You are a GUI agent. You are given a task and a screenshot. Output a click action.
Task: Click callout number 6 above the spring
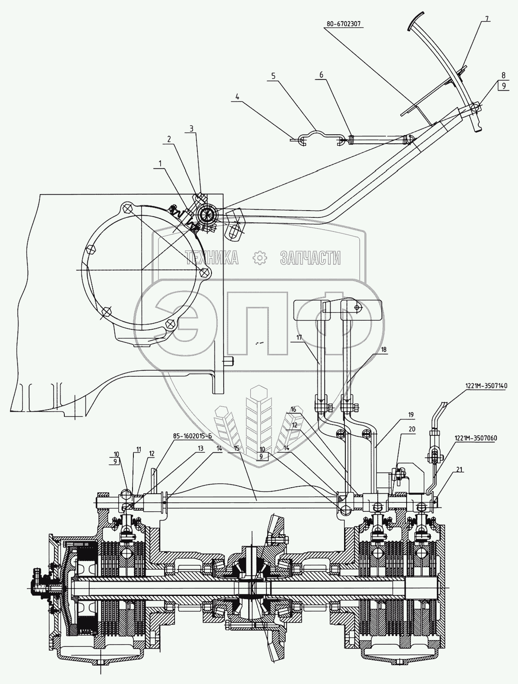pyautogui.click(x=321, y=74)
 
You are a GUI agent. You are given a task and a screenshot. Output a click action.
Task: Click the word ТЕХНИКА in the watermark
pyautogui.click(x=213, y=258)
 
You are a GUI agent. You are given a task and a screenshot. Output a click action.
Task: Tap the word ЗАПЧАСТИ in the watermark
pyautogui.click(x=310, y=258)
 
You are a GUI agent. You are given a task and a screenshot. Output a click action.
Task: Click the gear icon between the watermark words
pyautogui.click(x=260, y=258)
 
